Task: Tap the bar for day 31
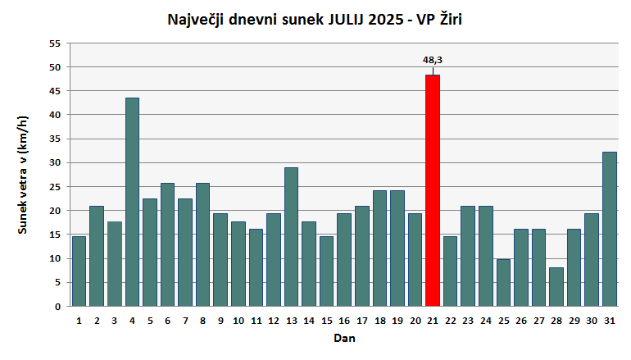[x=610, y=229]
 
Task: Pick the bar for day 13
[x=291, y=237]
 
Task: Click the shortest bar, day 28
[x=556, y=287]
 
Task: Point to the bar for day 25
[x=503, y=283]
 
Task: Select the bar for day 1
[x=79, y=271]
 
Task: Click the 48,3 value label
[x=433, y=60]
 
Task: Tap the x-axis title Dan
[x=344, y=338]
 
